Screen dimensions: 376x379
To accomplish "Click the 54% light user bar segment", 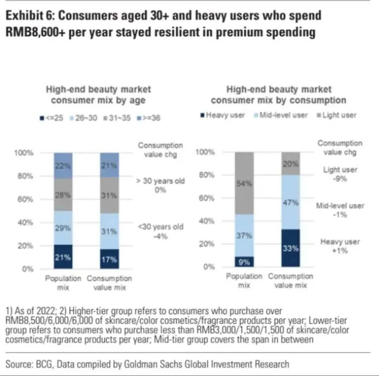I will [244, 183].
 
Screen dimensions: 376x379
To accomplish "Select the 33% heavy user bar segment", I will [290, 248].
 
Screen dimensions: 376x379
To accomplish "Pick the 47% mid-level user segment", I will [290, 202].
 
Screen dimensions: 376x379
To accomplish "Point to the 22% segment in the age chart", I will [63, 166].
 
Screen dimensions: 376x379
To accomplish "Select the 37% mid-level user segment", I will [244, 236].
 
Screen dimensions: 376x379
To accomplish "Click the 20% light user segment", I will [290, 163].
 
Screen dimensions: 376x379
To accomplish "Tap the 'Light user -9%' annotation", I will [339, 174].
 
